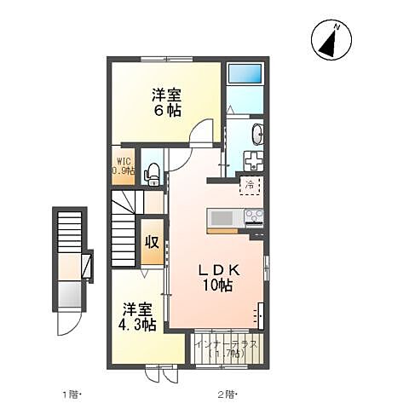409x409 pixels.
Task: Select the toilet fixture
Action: click(153, 174)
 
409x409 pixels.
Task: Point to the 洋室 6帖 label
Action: click(167, 101)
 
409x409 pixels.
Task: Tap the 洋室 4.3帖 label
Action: click(137, 316)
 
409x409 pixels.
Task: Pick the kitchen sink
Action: click(222, 216)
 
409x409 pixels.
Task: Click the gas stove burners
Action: click(254, 217)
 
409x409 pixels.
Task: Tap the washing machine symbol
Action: click(255, 160)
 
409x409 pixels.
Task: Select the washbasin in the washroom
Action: click(257, 135)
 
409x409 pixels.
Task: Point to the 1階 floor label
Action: click(71, 394)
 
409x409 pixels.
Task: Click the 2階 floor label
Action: click(226, 394)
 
